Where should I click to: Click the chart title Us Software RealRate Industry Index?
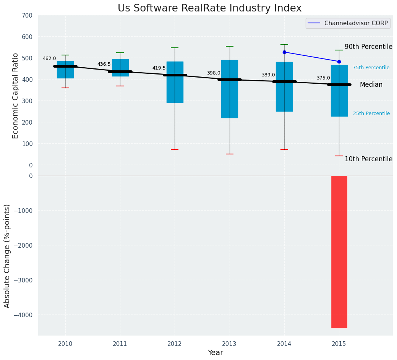209,8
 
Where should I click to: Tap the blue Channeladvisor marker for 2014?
284,52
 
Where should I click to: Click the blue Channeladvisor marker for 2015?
339,62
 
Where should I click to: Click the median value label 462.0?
49,59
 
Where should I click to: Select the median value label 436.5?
104,65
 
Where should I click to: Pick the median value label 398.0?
214,73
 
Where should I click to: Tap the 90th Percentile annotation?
368,47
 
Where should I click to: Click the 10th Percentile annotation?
368,159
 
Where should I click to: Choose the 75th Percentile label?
371,68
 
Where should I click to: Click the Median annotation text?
371,85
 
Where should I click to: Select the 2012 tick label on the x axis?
175,344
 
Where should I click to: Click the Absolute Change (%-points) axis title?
7,256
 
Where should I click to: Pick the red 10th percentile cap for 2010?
65,88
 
